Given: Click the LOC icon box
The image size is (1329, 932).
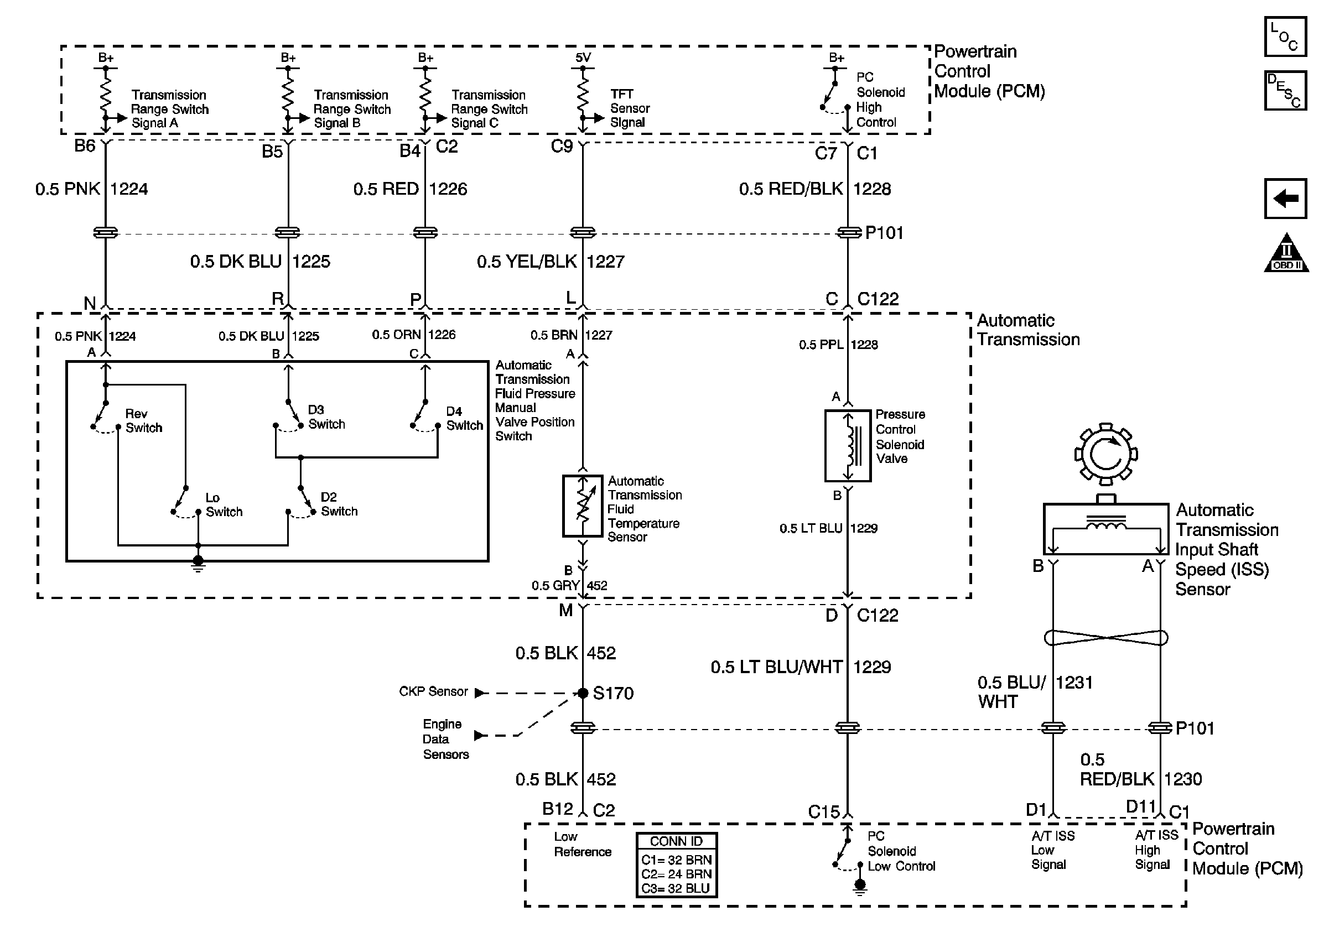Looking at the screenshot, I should point(1284,37).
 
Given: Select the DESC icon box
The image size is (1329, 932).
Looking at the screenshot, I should point(1284,90).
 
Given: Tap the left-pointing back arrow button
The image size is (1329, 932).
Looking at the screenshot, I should point(1285,199).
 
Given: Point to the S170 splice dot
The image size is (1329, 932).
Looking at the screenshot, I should point(583,693).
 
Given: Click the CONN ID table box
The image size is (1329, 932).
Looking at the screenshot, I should point(676,865).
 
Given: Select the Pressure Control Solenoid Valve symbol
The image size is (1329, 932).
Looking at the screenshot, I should point(848,445).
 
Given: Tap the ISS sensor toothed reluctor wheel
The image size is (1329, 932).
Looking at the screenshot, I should point(1105,454).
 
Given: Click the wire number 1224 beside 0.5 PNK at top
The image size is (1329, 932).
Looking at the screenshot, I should point(129,189).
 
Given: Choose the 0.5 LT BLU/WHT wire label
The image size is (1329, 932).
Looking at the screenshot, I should point(776,667).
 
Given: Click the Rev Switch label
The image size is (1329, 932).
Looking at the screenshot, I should point(143,420).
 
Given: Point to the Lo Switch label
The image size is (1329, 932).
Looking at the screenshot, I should point(224,504).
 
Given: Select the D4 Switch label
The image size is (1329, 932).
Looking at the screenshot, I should point(464,418).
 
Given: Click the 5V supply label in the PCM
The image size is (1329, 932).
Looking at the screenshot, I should point(583,58).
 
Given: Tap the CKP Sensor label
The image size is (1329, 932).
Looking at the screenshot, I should point(433,691).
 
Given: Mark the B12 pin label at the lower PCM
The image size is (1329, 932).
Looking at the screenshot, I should point(557,809).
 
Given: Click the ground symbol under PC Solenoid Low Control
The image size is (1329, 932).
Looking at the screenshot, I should point(860,886).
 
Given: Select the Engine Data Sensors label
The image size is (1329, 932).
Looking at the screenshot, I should point(445,739).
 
